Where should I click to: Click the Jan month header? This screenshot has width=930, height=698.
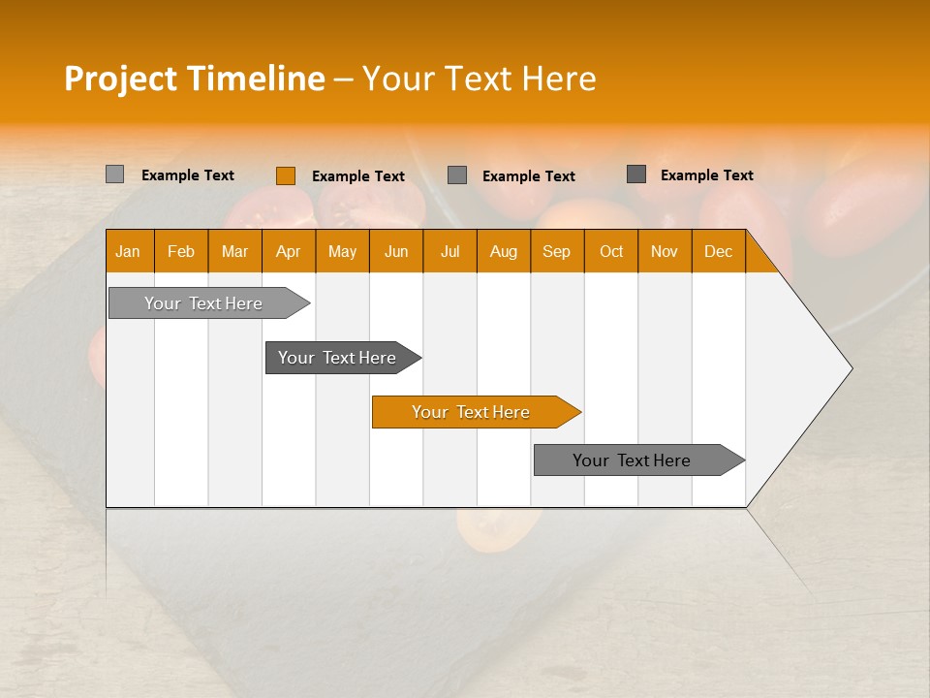coord(129,251)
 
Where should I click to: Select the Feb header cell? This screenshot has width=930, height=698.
coord(181,251)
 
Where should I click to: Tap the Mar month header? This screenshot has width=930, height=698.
coord(234,251)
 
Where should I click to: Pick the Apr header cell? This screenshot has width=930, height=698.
coord(289,251)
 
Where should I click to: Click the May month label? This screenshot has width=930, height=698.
coord(342,251)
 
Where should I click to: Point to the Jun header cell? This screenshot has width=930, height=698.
coord(396,251)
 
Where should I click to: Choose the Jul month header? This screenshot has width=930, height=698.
coord(449,251)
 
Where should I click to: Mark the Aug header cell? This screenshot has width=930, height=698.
coord(504,251)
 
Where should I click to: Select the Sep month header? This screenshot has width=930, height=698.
coord(557,251)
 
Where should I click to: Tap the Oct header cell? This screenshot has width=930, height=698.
coord(611,251)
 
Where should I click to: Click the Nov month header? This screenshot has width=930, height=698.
coord(665,251)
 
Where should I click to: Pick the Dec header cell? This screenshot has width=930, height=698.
coord(719,251)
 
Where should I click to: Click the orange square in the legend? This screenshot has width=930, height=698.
coord(285,175)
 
